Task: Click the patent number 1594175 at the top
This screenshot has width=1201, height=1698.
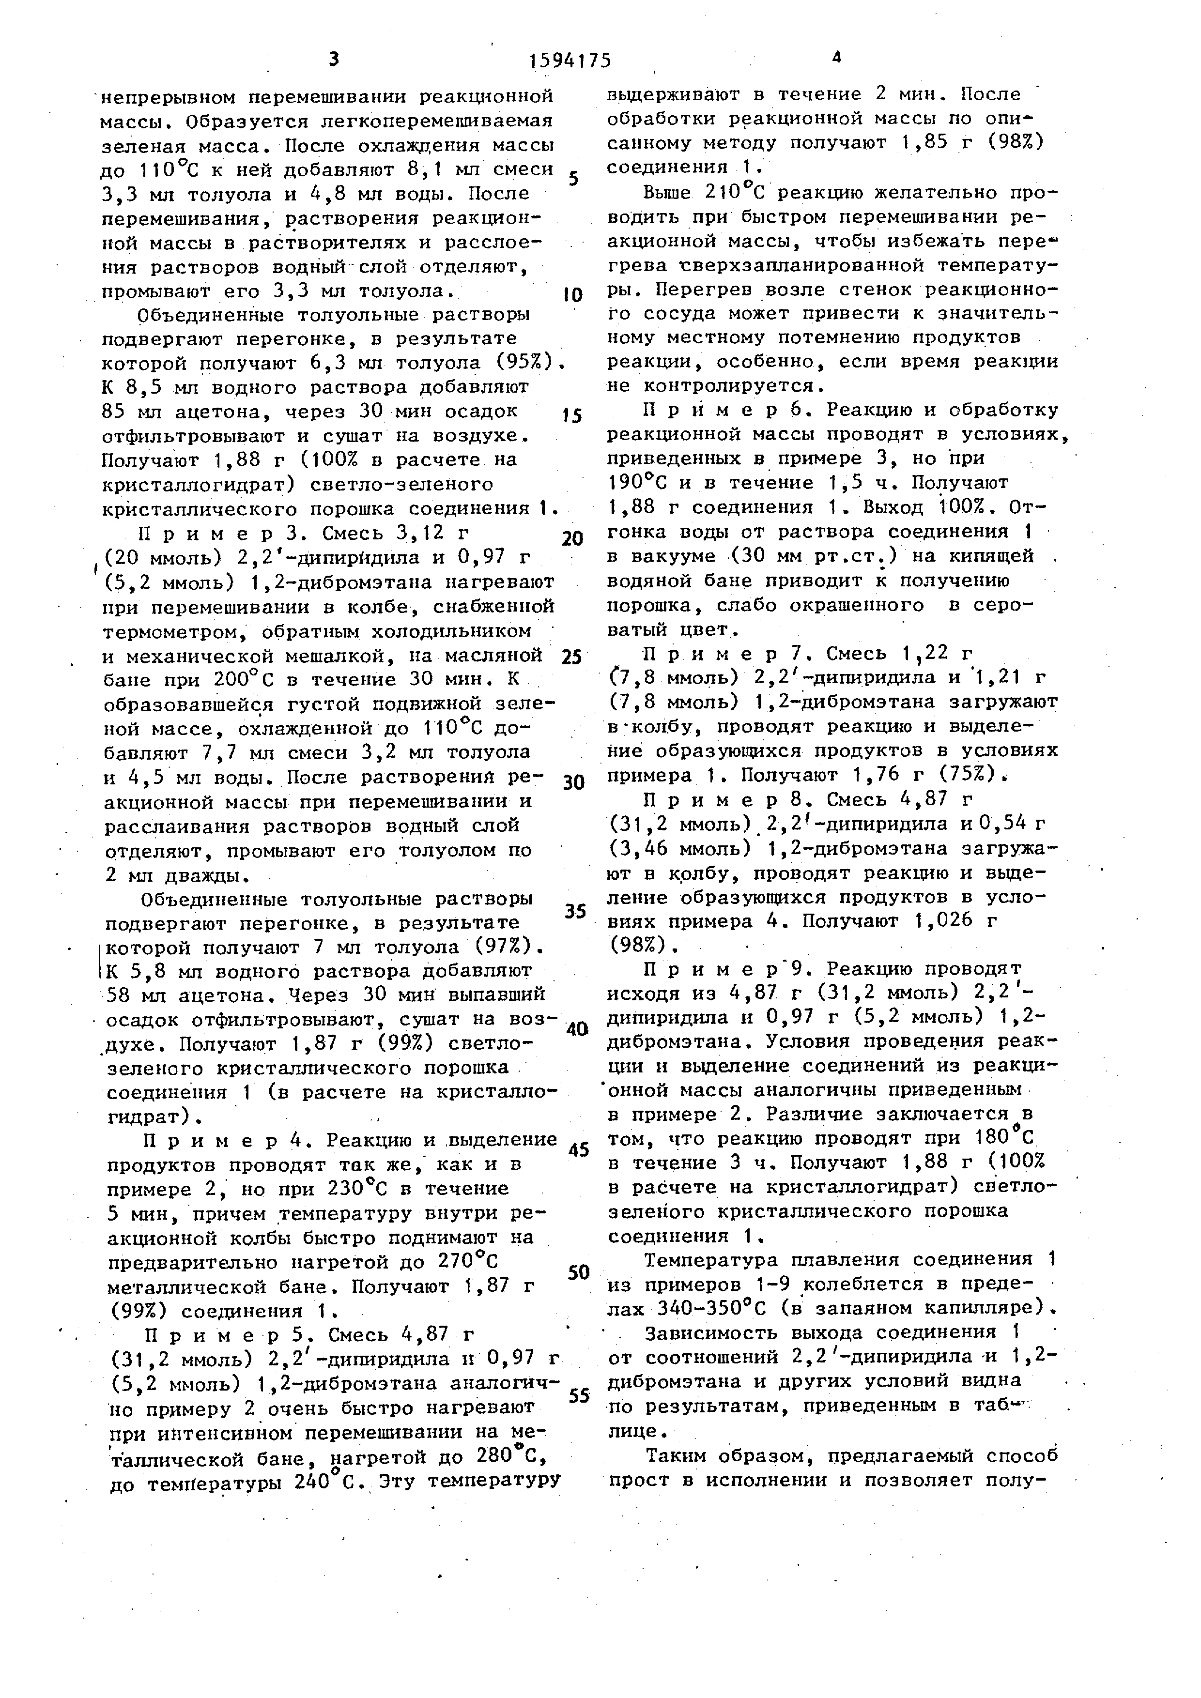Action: [570, 61]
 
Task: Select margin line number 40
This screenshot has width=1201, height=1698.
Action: [576, 1029]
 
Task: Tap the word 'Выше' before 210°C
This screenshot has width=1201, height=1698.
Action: [666, 193]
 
